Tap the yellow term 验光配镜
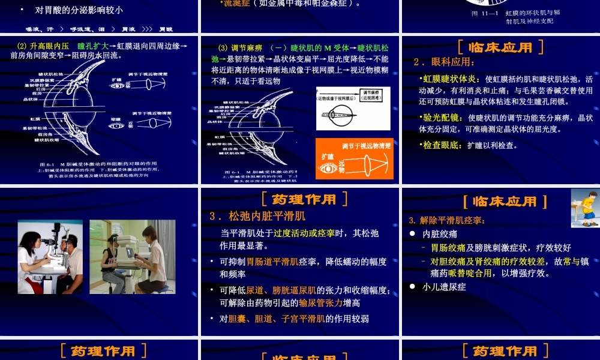pyautogui.click(x=441, y=118)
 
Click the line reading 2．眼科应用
pyautogui.click(x=445, y=62)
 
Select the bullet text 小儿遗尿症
pyautogui.click(x=444, y=287)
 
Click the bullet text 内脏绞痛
pyautogui.click(x=440, y=234)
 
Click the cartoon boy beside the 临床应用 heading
pyautogui.click(x=584, y=208)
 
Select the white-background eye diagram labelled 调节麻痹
pyautogui.click(x=353, y=108)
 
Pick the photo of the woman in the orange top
pyautogui.click(x=133, y=256)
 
